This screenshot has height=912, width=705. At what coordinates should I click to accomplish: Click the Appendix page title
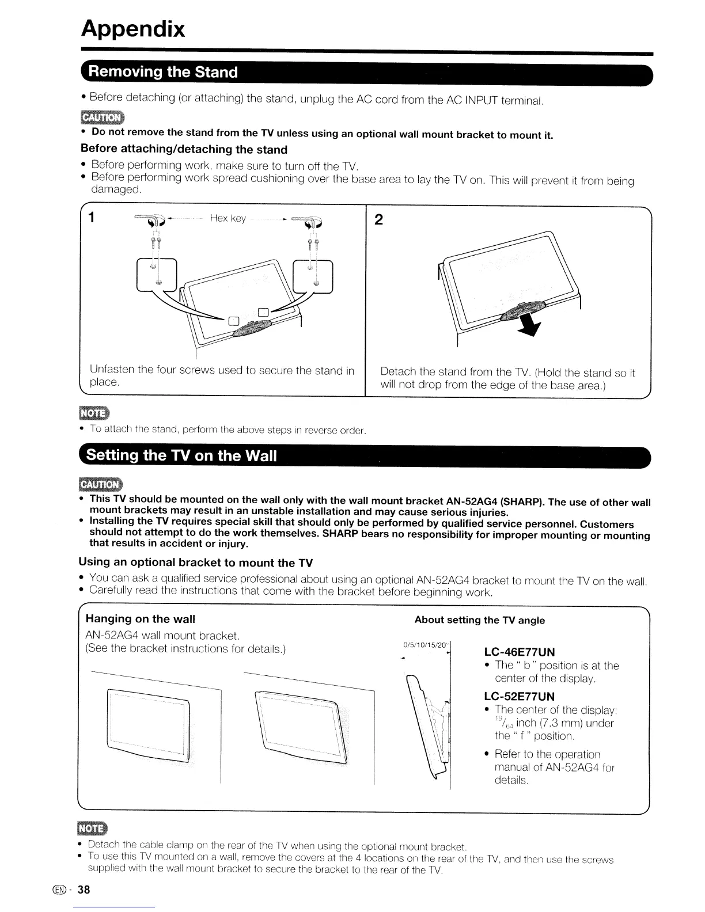click(133, 28)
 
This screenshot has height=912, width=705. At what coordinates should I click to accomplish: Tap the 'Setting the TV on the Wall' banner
click(181, 455)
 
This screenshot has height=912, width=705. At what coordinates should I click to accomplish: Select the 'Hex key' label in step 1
click(228, 218)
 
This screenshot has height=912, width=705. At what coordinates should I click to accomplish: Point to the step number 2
click(378, 219)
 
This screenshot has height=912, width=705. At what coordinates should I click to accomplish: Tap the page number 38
click(84, 890)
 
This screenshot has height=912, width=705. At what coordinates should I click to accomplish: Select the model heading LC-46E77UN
click(520, 652)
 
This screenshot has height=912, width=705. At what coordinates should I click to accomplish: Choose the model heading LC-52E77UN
click(520, 696)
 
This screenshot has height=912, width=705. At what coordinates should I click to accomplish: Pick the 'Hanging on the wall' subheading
click(141, 619)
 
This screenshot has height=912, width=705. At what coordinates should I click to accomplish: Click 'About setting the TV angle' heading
click(479, 620)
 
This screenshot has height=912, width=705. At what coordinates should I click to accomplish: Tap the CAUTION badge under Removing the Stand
click(102, 118)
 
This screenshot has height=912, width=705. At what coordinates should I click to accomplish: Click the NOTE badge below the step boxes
click(94, 414)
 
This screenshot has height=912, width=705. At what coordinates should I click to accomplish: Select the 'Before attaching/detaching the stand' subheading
click(184, 150)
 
